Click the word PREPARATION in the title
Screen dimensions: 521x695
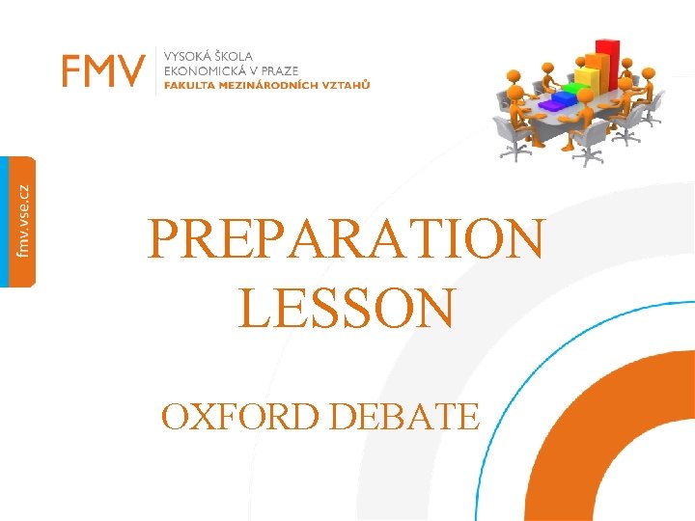pyautogui.click(x=346, y=241)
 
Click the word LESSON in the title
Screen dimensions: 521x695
pyautogui.click(x=346, y=309)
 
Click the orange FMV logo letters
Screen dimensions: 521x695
pyautogui.click(x=104, y=70)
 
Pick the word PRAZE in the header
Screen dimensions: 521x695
pyautogui.click(x=278, y=70)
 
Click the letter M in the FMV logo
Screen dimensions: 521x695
pyautogui.click(x=104, y=70)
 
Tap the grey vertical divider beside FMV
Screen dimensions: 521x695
pyautogui.click(x=155, y=70)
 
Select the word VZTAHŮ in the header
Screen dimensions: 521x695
pyautogui.click(x=347, y=84)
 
